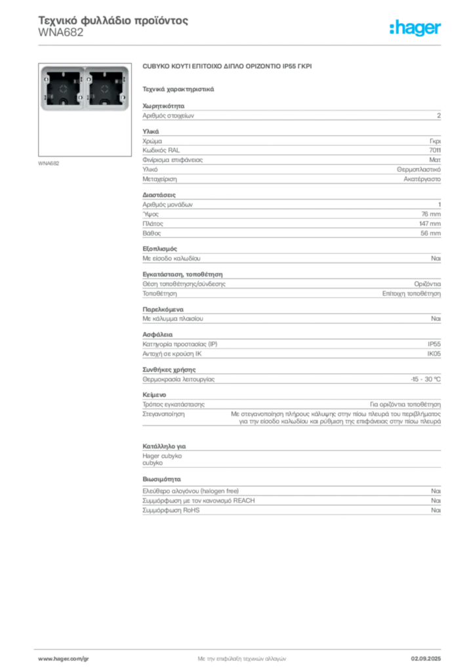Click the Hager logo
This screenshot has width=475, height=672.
coord(415,28)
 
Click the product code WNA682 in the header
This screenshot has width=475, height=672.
coord(61,33)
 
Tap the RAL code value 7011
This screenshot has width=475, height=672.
coord(435,150)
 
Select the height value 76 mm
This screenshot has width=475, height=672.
coord(431,215)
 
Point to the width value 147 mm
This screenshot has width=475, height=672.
coord(430,224)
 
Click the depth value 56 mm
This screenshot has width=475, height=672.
coord(430,234)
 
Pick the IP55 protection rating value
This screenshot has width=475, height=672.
coord(434,344)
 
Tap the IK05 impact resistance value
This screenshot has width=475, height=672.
coord(434,354)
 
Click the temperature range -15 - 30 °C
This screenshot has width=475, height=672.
coord(425,379)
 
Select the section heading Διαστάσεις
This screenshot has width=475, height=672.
coord(159,195)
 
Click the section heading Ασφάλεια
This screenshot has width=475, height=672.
coord(157,335)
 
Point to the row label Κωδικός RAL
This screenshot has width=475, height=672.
coord(161,150)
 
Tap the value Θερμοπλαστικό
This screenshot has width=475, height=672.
coord(419,170)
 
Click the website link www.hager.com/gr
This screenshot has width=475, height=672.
coord(64,659)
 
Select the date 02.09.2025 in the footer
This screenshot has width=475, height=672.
coord(426,659)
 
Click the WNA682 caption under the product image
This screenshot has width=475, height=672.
coord(49,163)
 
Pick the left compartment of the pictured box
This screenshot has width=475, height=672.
coord(63,89)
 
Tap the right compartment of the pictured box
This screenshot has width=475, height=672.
coord(106,89)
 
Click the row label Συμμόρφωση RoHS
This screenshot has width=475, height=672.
coord(171,511)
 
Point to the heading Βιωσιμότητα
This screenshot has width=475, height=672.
coord(161,479)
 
